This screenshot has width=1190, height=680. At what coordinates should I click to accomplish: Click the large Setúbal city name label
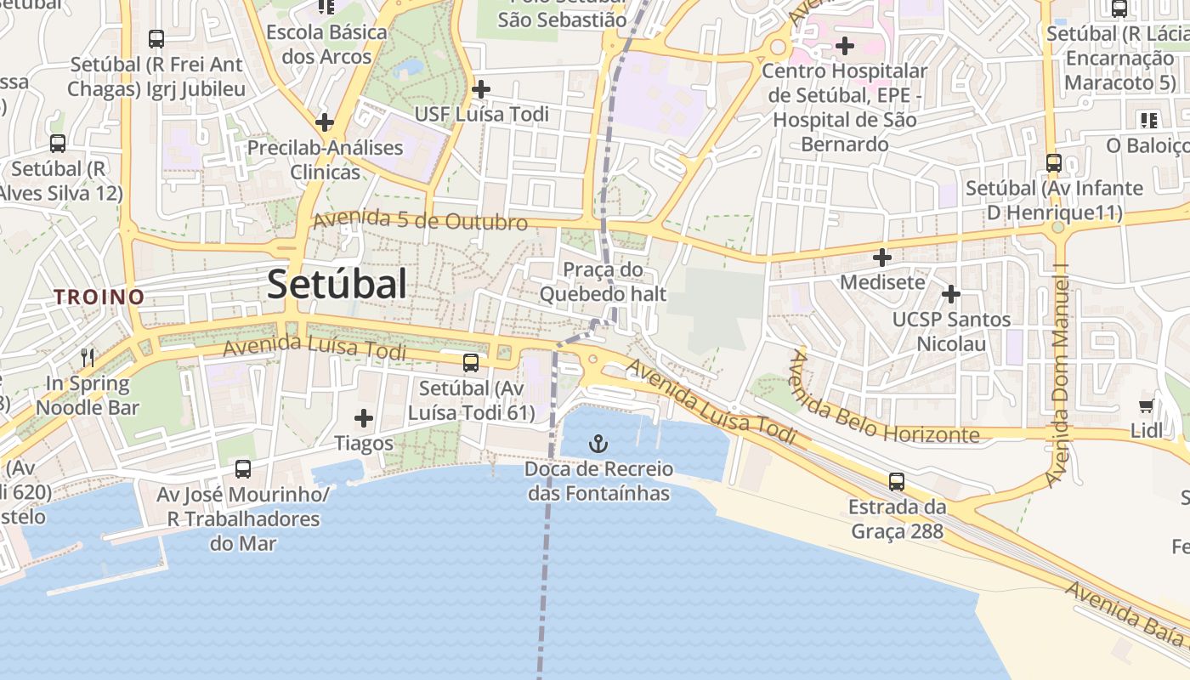click(337, 285)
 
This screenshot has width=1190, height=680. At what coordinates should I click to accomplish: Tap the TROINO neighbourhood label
click(99, 297)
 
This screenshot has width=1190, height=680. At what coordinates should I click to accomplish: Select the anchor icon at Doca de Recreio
click(599, 444)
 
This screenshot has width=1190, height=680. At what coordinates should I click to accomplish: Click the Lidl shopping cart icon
click(1147, 406)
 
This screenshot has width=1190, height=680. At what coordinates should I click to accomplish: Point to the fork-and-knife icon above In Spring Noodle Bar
click(88, 357)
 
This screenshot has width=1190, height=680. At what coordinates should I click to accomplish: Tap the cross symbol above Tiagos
click(364, 418)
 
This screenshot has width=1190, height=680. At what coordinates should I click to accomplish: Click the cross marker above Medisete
click(882, 257)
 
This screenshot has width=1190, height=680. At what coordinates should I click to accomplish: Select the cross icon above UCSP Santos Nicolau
click(951, 294)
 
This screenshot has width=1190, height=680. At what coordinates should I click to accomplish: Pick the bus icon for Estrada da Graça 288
click(896, 482)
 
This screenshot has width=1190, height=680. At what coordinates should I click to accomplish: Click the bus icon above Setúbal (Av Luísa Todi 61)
click(471, 363)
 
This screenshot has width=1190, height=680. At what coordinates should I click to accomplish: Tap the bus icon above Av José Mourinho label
click(243, 468)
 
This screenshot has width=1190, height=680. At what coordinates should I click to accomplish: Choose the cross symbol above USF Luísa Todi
click(481, 88)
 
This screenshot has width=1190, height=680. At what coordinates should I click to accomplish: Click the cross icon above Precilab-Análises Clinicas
click(324, 122)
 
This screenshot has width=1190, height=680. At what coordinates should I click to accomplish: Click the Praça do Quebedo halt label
click(603, 282)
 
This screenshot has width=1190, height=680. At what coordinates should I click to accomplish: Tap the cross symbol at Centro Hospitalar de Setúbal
click(844, 45)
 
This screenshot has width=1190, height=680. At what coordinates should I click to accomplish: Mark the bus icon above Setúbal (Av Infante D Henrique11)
click(1054, 162)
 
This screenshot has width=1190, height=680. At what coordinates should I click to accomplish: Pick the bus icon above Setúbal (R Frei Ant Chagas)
click(156, 38)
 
